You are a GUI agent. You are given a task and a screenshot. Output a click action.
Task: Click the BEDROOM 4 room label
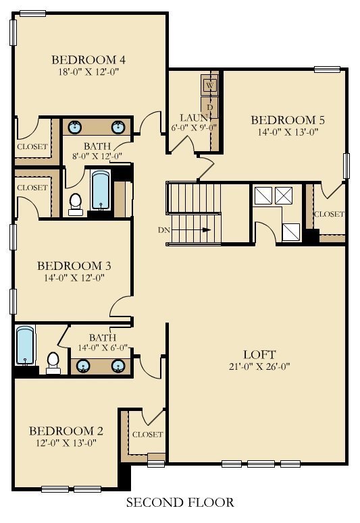pyautogui.click(x=88, y=59)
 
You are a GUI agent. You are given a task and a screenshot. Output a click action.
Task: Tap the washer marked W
pyautogui.click(x=210, y=85)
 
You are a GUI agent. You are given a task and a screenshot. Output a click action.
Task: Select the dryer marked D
pyautogui.click(x=210, y=107)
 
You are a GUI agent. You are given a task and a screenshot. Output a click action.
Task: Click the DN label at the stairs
pyautogui.click(x=164, y=230)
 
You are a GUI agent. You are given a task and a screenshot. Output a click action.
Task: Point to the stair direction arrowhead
pyautogui.click(x=207, y=230)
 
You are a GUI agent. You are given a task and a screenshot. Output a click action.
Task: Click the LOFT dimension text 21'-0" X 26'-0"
pyautogui.click(x=259, y=366)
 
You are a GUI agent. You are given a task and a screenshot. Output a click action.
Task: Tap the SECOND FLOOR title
pyautogui.click(x=180, y=502)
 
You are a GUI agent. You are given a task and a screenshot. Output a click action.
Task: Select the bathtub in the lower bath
pyautogui.click(x=26, y=346)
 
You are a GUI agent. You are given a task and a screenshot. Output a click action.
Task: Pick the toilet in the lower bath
pyautogui.click(x=53, y=363)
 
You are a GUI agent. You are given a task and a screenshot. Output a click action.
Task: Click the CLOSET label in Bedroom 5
pyautogui.click(x=329, y=214)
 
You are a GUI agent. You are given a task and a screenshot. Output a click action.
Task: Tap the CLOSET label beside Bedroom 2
pyautogui.click(x=148, y=435)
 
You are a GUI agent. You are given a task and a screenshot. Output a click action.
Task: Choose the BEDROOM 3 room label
pyautogui.click(x=74, y=266)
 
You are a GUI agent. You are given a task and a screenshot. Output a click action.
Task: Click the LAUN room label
pyautogui.click(x=194, y=117)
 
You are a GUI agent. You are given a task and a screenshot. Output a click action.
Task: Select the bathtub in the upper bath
pyautogui.click(x=101, y=190)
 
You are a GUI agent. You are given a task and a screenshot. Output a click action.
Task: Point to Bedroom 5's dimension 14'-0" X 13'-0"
pyautogui.click(x=288, y=132)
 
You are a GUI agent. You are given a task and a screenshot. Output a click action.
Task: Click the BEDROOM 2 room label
pyautogui.click(x=66, y=431)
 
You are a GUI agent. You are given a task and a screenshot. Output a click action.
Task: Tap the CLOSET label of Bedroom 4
pyautogui.click(x=32, y=146)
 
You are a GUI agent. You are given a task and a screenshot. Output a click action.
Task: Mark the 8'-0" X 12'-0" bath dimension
pyautogui.click(x=97, y=155)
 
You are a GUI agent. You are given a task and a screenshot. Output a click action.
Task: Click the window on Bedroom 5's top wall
pyautogui.click(x=328, y=70)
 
